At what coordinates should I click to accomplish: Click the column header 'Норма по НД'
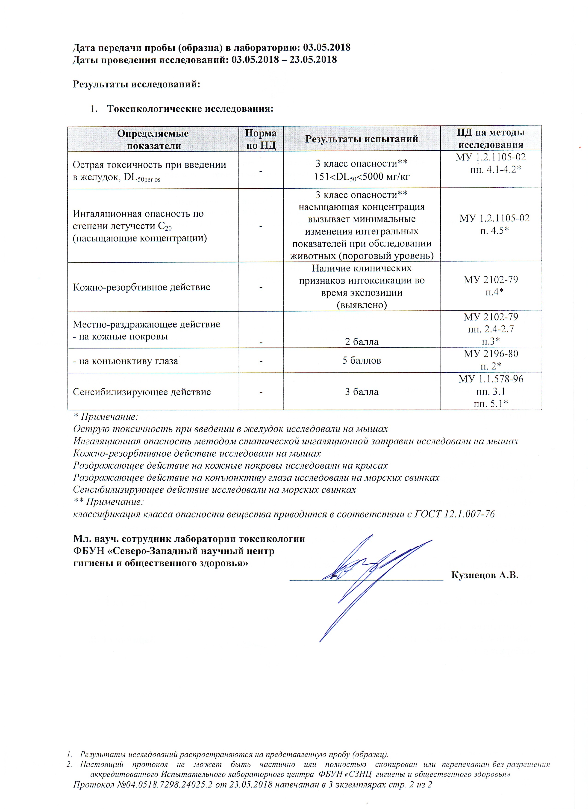click(261, 139)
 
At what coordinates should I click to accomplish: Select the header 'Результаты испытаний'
click(361, 139)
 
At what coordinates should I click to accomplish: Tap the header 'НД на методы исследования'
click(491, 139)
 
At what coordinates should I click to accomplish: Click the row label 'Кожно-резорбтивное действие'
click(141, 287)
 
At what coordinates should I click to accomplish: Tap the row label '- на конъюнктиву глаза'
click(125, 361)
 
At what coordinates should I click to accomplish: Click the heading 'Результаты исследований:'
click(136, 85)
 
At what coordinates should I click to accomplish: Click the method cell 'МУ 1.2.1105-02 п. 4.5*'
click(494, 224)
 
